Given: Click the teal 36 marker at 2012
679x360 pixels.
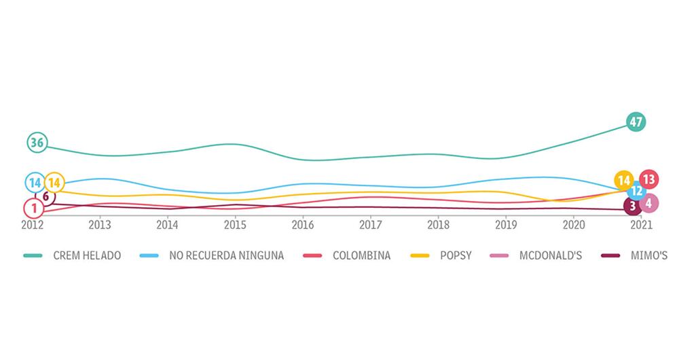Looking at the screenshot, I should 37,143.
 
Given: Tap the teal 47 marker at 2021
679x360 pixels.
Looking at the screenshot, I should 636,122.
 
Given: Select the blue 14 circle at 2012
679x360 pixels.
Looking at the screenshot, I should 35,182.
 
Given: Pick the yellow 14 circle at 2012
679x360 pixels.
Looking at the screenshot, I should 55,182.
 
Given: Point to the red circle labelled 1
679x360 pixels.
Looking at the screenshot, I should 34,208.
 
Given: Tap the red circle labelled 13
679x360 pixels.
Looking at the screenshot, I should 648,180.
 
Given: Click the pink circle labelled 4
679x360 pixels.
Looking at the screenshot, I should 649,202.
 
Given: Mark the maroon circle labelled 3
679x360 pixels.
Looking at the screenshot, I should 633,206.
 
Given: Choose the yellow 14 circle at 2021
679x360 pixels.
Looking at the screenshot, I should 623,180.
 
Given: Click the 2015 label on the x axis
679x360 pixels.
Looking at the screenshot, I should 235,224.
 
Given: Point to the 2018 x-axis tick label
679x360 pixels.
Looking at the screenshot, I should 439,224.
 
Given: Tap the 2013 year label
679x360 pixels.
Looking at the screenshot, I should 100,224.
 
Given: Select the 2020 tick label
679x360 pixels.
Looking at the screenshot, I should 574,224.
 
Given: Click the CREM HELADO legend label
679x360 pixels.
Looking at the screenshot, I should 87,256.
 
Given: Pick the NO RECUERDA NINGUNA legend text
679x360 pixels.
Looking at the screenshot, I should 225,256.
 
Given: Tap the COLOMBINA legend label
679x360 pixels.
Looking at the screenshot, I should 361,256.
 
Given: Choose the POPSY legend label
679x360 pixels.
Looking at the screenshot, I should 456,256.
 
